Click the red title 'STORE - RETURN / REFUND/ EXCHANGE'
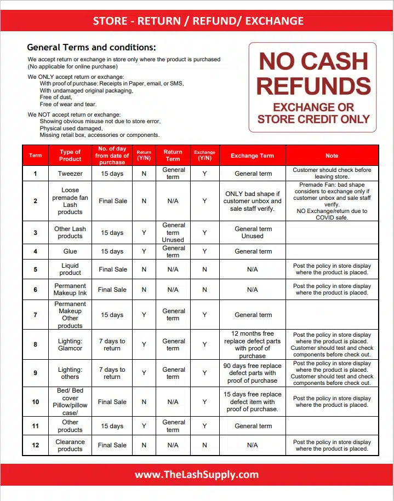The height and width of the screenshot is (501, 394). point(198,21)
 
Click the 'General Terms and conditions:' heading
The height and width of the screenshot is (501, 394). point(92,47)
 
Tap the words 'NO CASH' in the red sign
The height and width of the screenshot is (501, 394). point(313,62)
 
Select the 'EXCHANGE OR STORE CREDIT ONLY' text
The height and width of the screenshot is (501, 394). point(313,113)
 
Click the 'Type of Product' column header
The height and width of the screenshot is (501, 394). point(70,156)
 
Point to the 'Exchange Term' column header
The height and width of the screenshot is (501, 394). point(252,156)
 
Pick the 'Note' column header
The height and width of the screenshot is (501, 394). point(332,156)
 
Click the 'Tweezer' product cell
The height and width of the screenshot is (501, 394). point(70,174)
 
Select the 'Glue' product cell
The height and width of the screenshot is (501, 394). point(70,251)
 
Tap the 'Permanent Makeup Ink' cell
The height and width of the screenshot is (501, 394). point(70,290)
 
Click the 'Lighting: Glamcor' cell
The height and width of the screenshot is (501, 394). point(70,344)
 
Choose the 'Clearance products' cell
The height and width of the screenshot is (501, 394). point(70,445)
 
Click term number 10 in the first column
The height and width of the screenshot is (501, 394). point(36,402)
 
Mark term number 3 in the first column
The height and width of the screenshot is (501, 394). point(36,233)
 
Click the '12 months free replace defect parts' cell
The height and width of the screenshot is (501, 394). point(253,344)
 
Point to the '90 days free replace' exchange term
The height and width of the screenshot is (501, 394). point(253,373)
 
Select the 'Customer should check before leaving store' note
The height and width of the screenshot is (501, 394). point(332,174)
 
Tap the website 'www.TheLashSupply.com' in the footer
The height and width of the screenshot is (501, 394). point(197,474)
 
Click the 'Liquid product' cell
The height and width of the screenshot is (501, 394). point(70,269)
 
